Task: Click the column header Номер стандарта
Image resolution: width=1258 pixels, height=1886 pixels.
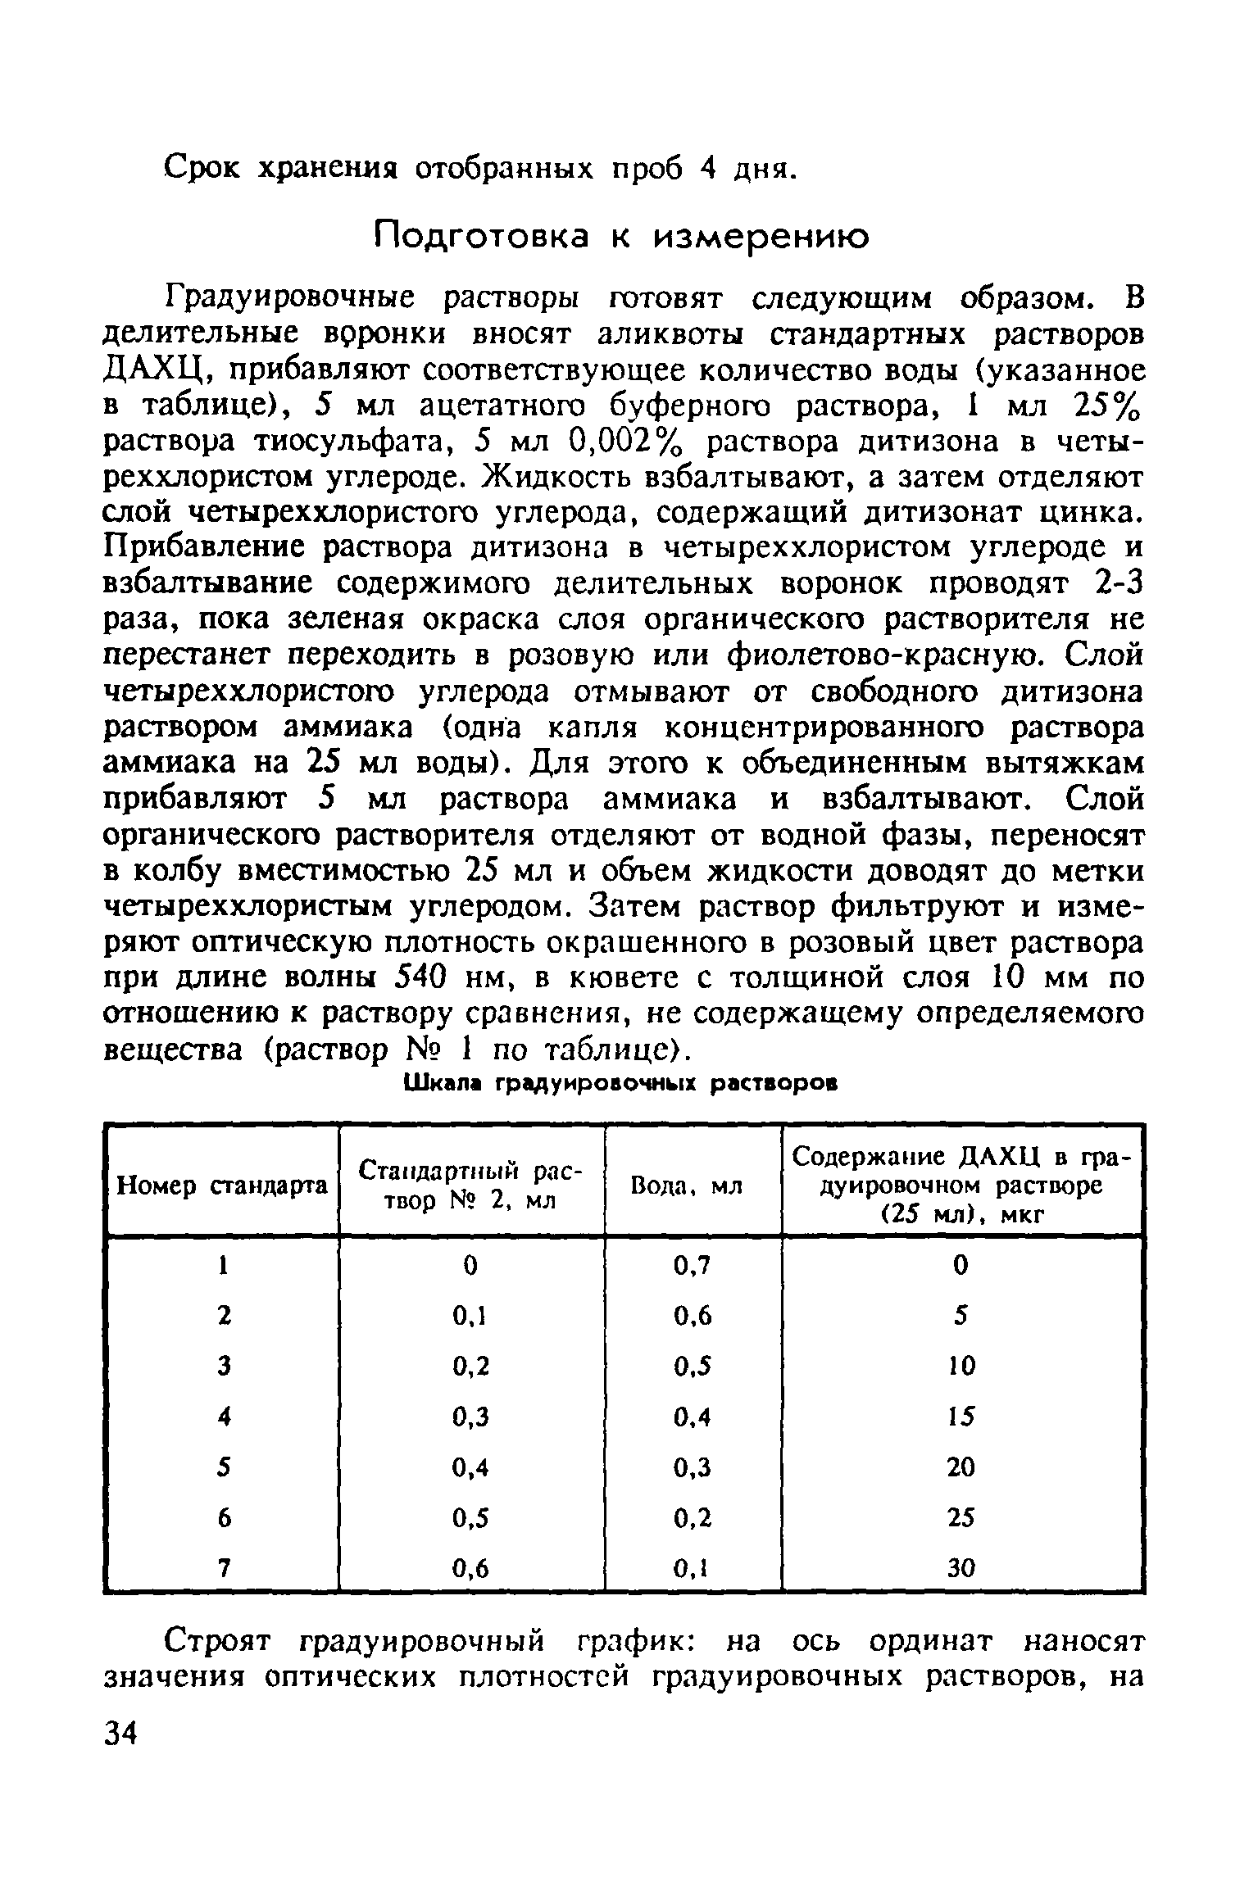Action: click(x=223, y=1186)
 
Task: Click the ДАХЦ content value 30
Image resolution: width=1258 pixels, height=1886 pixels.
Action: click(x=961, y=1569)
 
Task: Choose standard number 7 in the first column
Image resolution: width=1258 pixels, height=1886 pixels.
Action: click(x=222, y=1569)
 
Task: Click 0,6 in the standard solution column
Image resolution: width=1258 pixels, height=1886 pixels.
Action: click(x=470, y=1569)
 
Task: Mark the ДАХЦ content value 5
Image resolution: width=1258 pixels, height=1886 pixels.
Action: click(x=961, y=1317)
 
